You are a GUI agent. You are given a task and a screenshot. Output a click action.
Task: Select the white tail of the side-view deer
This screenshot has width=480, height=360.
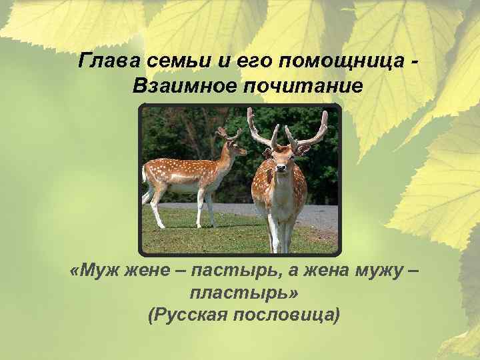(144, 175)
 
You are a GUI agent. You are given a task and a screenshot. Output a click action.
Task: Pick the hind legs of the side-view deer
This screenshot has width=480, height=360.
(155, 207)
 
